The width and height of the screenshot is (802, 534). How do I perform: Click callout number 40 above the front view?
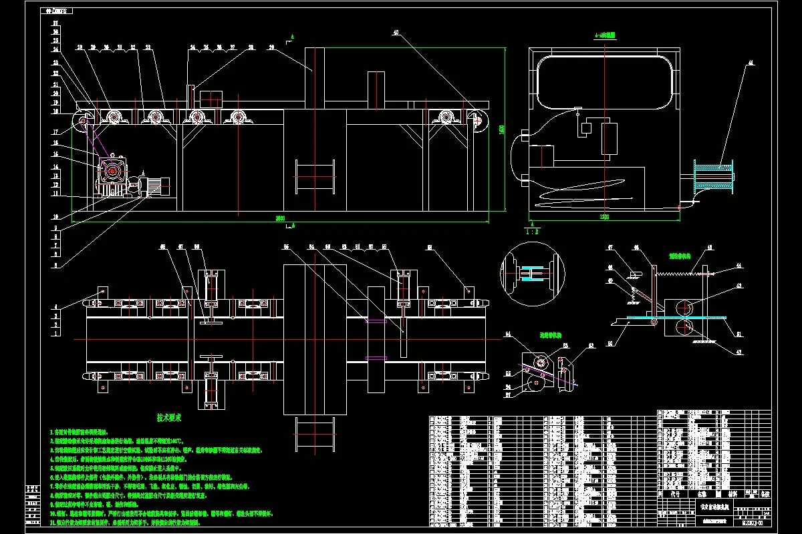coord(396,32)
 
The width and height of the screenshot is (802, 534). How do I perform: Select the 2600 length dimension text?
coord(279,218)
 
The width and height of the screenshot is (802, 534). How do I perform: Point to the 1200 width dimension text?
coord(604,218)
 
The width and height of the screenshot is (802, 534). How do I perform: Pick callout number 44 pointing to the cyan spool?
coord(750,63)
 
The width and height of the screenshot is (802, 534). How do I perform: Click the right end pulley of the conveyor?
coord(477,121)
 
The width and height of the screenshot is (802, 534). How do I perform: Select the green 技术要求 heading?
coord(169,417)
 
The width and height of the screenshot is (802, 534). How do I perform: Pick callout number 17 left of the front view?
coord(55,131)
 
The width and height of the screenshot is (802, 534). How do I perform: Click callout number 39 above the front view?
coord(271,47)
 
